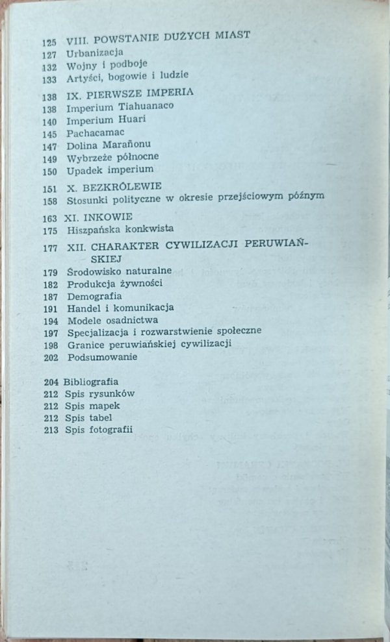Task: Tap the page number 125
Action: [49, 42]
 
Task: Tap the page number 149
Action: [49, 158]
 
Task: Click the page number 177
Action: [49, 247]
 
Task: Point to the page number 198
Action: [49, 344]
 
